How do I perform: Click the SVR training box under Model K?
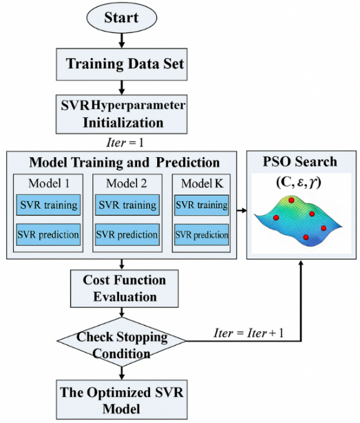(x=201, y=206)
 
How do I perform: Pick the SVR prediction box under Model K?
(x=201, y=234)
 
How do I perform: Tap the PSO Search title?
(x=302, y=161)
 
